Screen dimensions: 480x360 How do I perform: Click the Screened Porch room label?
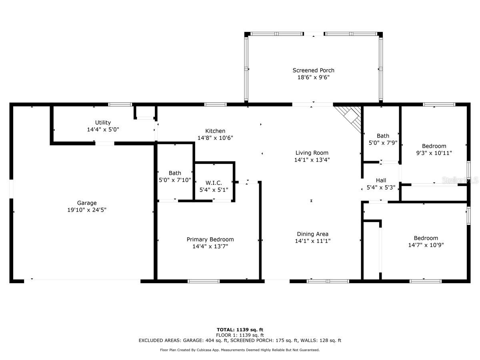313,70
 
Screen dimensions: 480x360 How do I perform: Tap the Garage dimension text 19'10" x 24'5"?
87,210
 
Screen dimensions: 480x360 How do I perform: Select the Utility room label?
103,123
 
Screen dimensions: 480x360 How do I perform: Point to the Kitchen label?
215,131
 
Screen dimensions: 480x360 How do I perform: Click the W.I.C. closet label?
214,183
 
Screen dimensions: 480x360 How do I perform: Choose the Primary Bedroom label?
210,239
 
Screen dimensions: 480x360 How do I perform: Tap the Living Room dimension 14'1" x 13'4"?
312,160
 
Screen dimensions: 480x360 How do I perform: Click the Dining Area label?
312,234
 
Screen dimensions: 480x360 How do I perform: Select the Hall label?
381,180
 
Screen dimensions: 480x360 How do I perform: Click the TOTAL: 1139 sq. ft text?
240,330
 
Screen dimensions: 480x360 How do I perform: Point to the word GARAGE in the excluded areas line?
192,340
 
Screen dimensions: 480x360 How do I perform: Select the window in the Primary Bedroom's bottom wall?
204,281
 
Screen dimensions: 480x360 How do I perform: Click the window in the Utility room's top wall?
120,104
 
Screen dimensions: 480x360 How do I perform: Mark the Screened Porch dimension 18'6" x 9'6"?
313,77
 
